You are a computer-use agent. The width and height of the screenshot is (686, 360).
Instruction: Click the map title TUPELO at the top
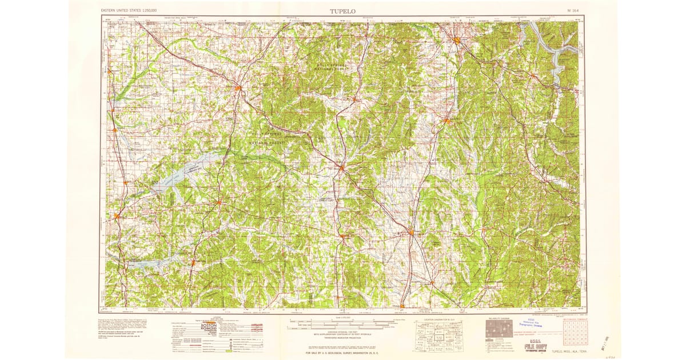point(342,10)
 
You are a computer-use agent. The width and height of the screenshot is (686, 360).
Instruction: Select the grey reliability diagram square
point(498,327)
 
